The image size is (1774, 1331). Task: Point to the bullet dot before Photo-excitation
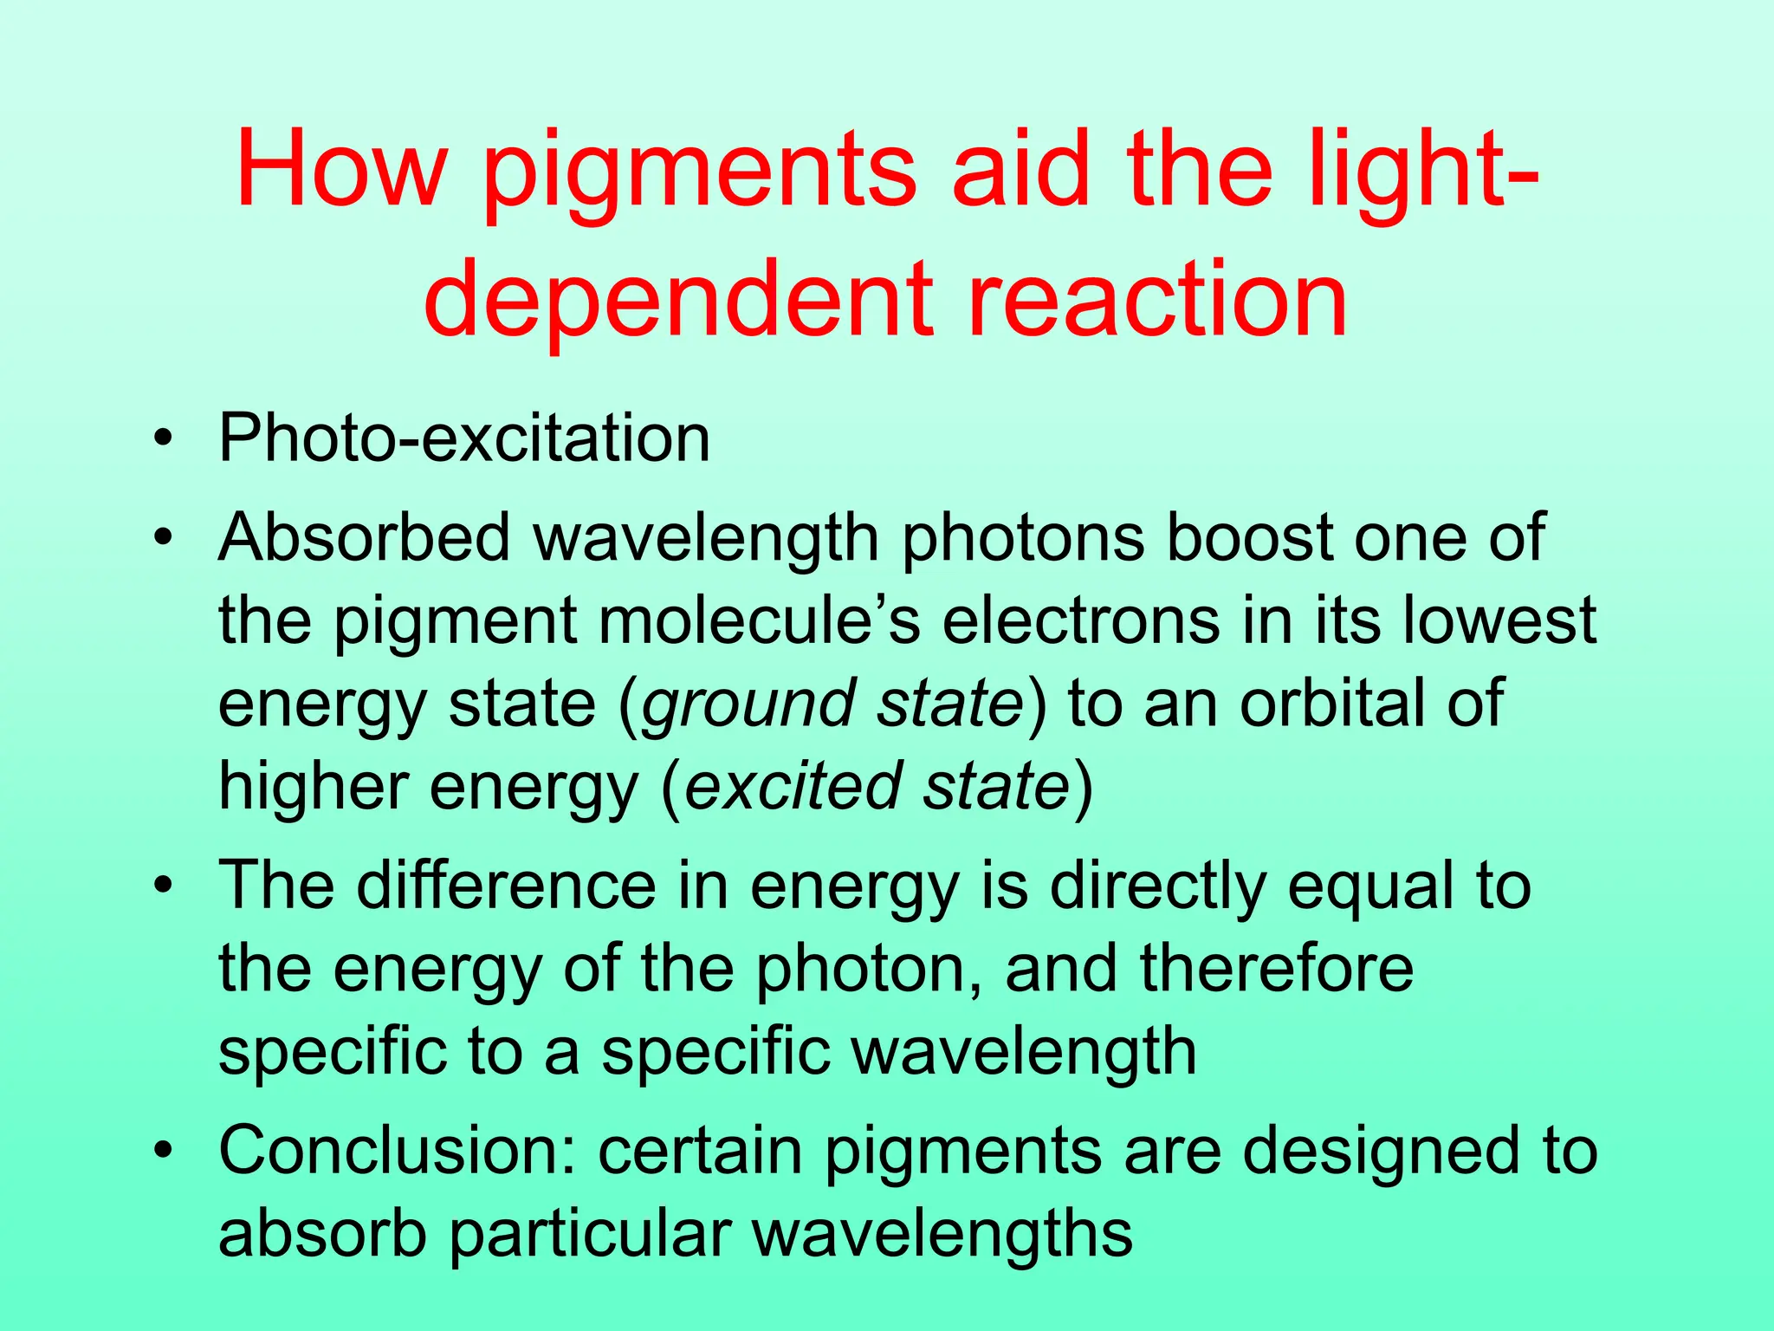pyautogui.click(x=162, y=439)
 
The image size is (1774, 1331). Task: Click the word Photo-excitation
pyautogui.click(x=464, y=438)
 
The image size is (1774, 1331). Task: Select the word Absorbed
pyautogui.click(x=365, y=537)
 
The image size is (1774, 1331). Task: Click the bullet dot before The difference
pyautogui.click(x=162, y=887)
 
